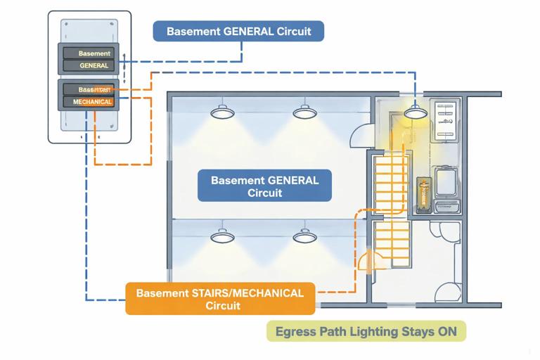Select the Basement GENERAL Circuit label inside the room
264,186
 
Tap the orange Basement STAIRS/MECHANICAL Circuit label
219,298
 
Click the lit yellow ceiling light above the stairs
414,111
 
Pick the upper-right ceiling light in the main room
303,112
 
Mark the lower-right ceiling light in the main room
303,236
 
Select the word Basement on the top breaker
94,53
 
